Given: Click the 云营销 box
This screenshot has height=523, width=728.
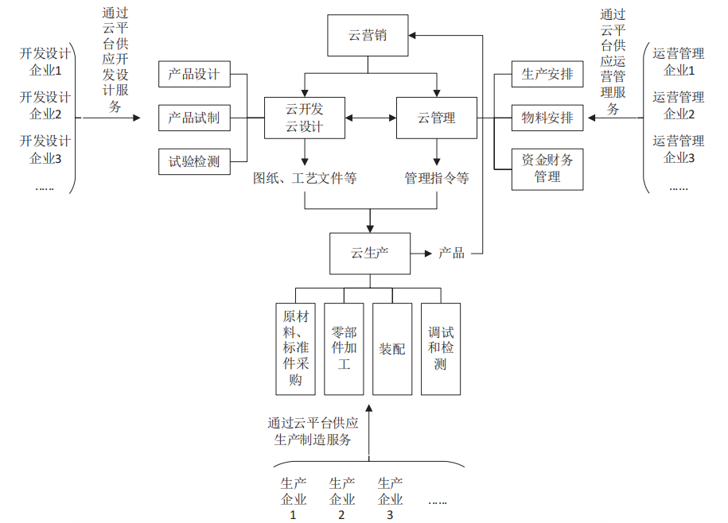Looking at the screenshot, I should point(368,36).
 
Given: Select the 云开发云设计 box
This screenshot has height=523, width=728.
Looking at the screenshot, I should point(305,118).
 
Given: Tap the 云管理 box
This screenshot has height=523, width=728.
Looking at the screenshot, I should point(436,118).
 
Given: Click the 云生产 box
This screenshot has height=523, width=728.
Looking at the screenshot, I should point(370,254).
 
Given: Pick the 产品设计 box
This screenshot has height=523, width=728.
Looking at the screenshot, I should point(194,75).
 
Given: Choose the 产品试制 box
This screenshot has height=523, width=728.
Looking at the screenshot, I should point(194,118).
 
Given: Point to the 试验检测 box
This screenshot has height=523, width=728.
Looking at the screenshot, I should point(194,161).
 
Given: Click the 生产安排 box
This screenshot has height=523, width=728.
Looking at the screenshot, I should point(547,75).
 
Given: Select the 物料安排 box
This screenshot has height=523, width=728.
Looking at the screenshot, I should point(547,118).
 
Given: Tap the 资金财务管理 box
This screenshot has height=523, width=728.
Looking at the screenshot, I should point(547,168).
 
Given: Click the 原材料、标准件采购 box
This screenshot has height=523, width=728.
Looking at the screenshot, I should point(296,349).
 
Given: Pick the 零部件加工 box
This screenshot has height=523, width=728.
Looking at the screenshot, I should point(344,349).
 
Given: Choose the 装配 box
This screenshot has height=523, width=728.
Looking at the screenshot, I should point(392,349).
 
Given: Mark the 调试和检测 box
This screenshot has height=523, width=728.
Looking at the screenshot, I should point(441,349).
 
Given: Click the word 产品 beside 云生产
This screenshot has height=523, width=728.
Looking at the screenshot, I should point(451,254).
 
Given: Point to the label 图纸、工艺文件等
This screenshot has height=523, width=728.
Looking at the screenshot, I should point(305,178).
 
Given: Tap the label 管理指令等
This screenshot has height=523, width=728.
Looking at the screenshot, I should point(436,178).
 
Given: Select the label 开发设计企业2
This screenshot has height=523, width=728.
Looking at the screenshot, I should point(45,106).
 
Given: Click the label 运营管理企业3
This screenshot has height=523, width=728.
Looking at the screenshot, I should point(679,149).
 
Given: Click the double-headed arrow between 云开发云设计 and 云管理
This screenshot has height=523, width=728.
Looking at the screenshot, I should point(371,118).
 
